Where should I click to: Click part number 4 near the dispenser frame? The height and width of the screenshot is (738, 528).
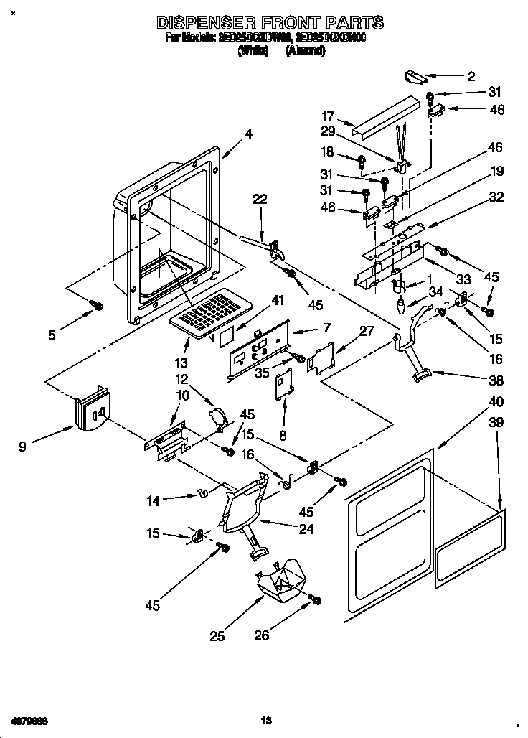pos(247,133)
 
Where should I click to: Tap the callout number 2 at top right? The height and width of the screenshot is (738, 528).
pos(471,76)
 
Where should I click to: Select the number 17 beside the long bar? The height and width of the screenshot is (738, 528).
pos(328,116)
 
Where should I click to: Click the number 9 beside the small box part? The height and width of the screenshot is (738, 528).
pos(24,447)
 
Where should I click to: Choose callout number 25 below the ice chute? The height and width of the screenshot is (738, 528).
pos(219,635)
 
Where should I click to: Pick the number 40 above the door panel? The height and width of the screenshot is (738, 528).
pos(496,402)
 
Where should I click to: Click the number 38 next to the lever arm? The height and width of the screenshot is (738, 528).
pos(496,380)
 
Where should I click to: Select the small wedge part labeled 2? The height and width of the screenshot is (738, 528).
pos(415,75)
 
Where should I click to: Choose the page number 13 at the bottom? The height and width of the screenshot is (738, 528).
pos(265,719)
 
